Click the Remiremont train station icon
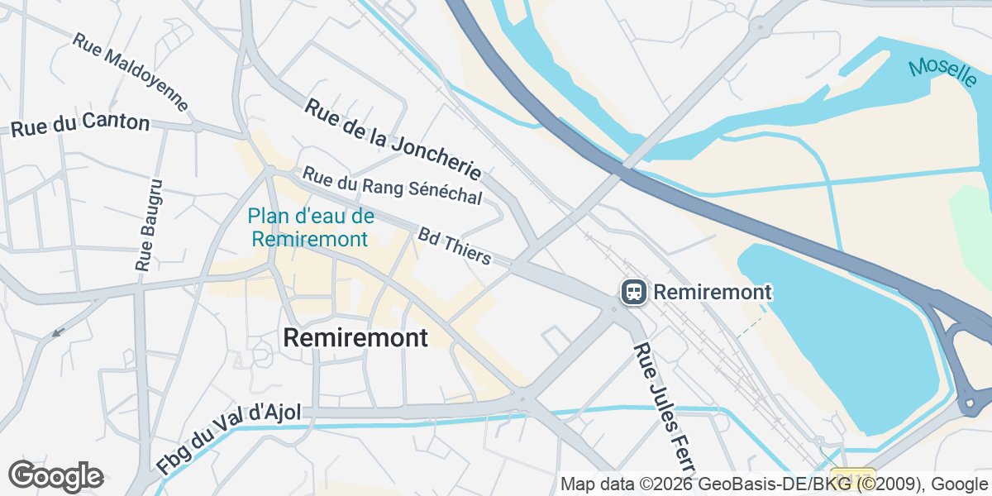click(634, 292)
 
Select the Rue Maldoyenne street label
click(131, 73)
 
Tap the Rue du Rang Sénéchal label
click(391, 186)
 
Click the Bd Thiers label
click(454, 247)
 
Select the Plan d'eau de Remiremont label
click(310, 228)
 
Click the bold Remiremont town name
click(355, 337)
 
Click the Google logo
click(55, 476)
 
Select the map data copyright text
click(774, 484)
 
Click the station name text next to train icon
click(713, 292)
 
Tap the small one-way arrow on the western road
click(57, 332)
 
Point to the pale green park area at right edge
click(974, 223)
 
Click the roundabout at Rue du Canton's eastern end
click(198, 127)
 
